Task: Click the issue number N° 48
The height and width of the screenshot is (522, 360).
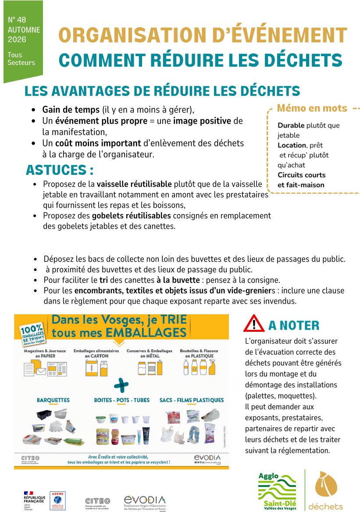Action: (17, 20)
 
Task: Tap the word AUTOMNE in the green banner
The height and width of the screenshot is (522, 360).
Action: (24, 30)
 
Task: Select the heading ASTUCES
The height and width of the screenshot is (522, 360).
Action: (60, 170)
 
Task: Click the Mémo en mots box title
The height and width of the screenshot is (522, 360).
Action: (312, 108)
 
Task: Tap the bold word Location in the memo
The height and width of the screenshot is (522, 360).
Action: (292, 145)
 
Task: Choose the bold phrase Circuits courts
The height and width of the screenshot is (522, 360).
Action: (301, 175)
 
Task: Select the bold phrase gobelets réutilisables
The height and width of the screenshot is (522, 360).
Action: (131, 216)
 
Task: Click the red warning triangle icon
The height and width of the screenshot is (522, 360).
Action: (254, 323)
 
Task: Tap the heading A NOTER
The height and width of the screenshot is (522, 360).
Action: (293, 325)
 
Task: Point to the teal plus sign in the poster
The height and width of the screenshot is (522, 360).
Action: (121, 386)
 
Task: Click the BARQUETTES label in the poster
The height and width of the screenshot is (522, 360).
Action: (53, 400)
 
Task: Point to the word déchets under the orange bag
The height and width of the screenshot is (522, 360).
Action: (325, 507)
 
